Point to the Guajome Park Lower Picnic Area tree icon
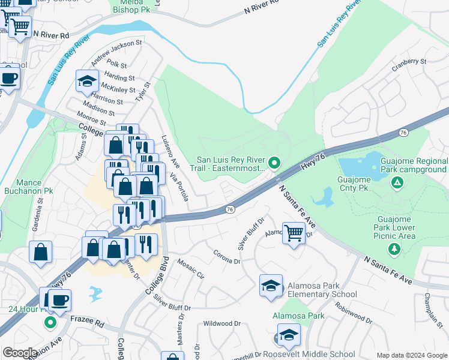pyautogui.click(x=394, y=248)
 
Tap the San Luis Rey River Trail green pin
pyautogui.click(x=274, y=162)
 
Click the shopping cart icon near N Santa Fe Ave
pyautogui.click(x=294, y=232)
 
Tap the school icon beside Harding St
pyautogui.click(x=87, y=81)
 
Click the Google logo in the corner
pyautogui.click(x=20, y=353)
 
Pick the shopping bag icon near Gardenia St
pyautogui.click(x=40, y=252)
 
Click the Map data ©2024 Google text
pyautogui.click(x=411, y=355)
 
